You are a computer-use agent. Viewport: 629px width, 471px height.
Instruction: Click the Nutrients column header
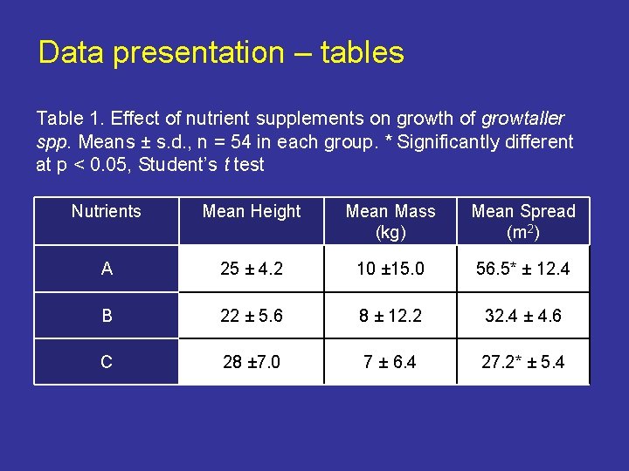[x=107, y=212]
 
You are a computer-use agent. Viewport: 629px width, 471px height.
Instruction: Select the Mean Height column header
[x=252, y=212]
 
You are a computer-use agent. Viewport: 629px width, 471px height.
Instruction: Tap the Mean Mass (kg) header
[x=391, y=222]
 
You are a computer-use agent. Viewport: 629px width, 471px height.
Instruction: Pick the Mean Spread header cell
[x=523, y=222]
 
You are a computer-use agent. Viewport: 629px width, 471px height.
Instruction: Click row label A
[x=107, y=270]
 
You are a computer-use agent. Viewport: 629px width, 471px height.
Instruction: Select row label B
[x=107, y=316]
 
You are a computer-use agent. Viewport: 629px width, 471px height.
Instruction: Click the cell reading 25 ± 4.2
[x=252, y=270]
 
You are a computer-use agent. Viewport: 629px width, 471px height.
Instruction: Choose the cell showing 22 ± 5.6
[x=252, y=316]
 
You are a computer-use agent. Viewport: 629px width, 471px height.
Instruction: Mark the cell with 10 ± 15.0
[x=391, y=270]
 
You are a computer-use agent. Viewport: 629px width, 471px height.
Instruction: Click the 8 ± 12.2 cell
[x=391, y=316]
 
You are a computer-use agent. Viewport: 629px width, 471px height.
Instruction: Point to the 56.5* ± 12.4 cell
[x=523, y=270]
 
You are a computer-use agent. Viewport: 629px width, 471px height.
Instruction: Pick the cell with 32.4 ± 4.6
[x=523, y=316]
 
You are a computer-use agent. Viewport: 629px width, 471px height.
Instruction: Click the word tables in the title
[x=362, y=53]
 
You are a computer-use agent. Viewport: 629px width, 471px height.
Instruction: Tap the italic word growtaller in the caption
[x=523, y=119]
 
